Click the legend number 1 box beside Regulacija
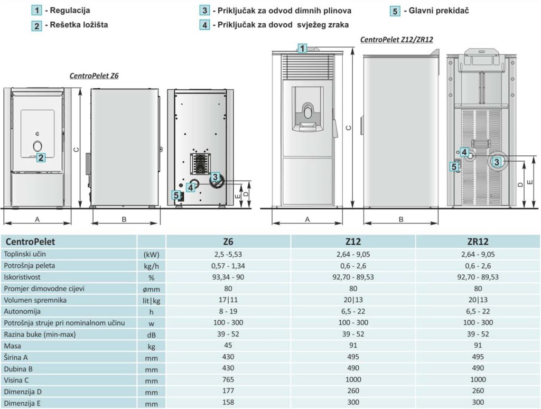pos(36,11)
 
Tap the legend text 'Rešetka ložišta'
pos(79,25)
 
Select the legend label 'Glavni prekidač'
pos(439,11)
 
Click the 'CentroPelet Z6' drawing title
pos(94,76)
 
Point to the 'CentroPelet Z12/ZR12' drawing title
pos(396,39)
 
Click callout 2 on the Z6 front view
pos(41,157)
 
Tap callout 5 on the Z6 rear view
pos(176,196)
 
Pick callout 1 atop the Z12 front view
pos(302,48)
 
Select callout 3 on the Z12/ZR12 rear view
pos(497,162)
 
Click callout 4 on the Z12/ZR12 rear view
pos(464,152)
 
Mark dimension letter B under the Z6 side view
pos(124,219)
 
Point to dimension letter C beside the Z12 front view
pos(349,128)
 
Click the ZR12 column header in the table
pos(478,241)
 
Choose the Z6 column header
pos(228,241)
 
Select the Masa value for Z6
pos(228,346)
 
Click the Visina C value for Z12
pos(353,379)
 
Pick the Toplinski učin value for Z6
pos(228,255)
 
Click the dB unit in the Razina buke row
pos(151,335)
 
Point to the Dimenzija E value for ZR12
pos(478,403)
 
